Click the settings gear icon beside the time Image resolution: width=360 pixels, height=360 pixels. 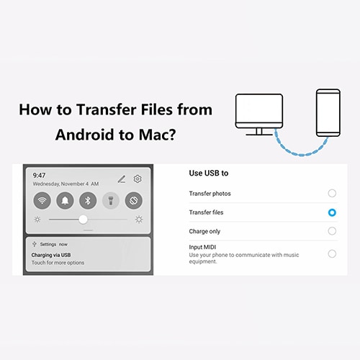pos(137,179)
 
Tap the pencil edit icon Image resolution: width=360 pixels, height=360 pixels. pos(121,179)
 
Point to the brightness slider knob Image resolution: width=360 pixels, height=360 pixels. pos(84,219)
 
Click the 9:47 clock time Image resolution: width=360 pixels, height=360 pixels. pos(40,175)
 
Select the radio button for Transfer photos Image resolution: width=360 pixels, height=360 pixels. pos(331,194)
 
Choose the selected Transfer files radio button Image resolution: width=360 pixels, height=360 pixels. pos(331,212)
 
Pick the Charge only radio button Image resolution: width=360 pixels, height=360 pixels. pos(331,231)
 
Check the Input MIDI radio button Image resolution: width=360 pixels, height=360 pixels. pos(331,253)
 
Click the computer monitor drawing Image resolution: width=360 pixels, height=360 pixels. pos(258,114)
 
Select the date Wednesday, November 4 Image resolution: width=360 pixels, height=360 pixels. pos(66,184)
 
